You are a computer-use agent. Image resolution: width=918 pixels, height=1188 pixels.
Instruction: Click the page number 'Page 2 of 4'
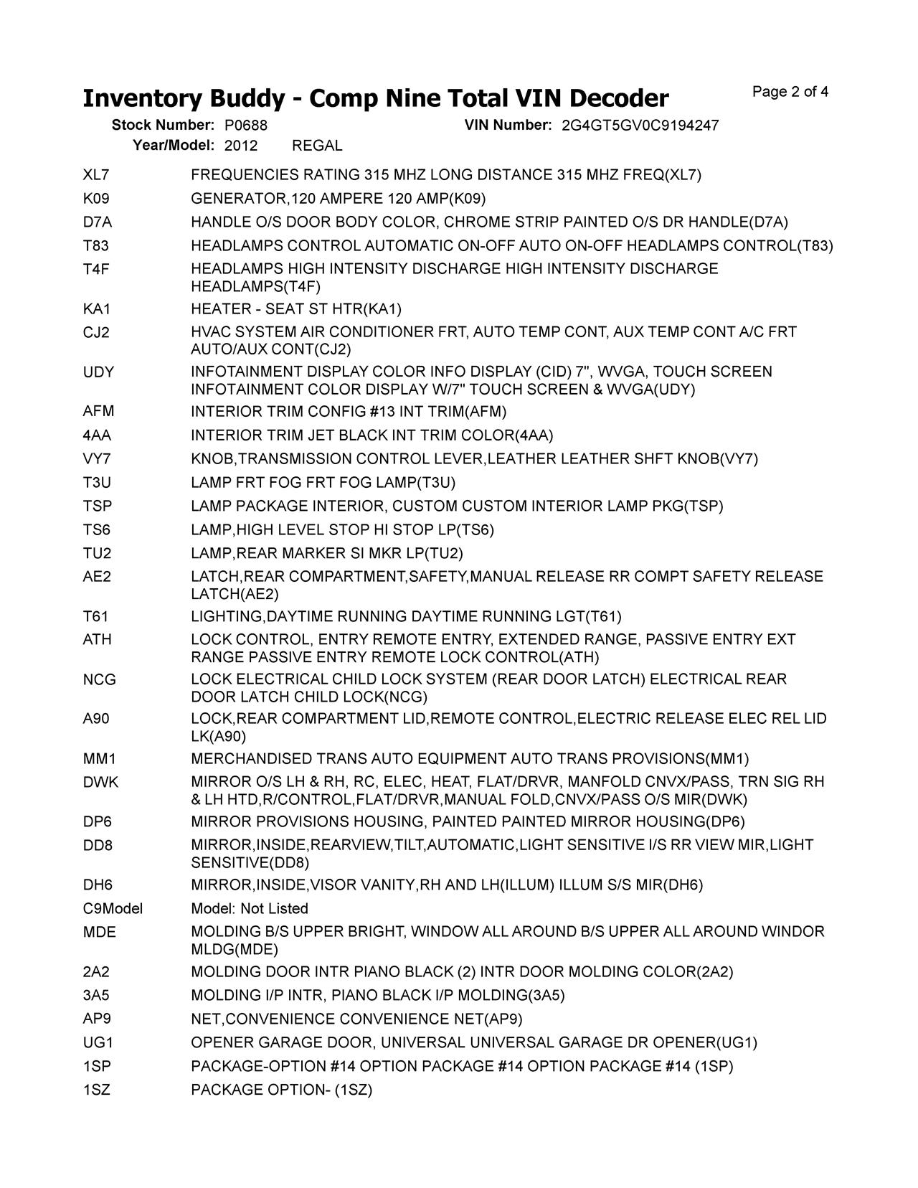click(x=790, y=92)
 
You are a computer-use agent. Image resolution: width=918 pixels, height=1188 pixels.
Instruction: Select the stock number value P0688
click(x=246, y=126)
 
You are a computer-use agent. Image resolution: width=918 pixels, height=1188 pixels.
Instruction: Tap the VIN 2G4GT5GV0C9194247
click(x=640, y=126)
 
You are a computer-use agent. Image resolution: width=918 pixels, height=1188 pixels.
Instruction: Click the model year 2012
click(x=241, y=146)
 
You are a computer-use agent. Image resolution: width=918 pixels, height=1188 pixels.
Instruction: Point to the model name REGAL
click(x=317, y=146)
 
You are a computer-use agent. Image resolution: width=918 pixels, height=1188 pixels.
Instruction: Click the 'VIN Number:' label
click(x=508, y=126)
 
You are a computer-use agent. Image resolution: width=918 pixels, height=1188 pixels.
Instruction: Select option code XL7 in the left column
click(x=96, y=175)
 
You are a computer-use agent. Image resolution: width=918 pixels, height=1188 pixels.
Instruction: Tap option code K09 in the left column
click(x=96, y=199)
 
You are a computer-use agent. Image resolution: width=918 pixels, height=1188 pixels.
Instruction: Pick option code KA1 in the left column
click(x=96, y=309)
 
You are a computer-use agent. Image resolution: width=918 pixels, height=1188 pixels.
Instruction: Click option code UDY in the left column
click(x=98, y=372)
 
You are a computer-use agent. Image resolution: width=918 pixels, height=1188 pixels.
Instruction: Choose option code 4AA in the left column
click(x=97, y=435)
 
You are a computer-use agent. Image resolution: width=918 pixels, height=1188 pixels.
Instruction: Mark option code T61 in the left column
click(x=95, y=617)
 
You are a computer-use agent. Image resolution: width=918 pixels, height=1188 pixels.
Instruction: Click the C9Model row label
click(x=113, y=909)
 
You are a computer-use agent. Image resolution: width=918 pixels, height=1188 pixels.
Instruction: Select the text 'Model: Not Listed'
click(x=250, y=909)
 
